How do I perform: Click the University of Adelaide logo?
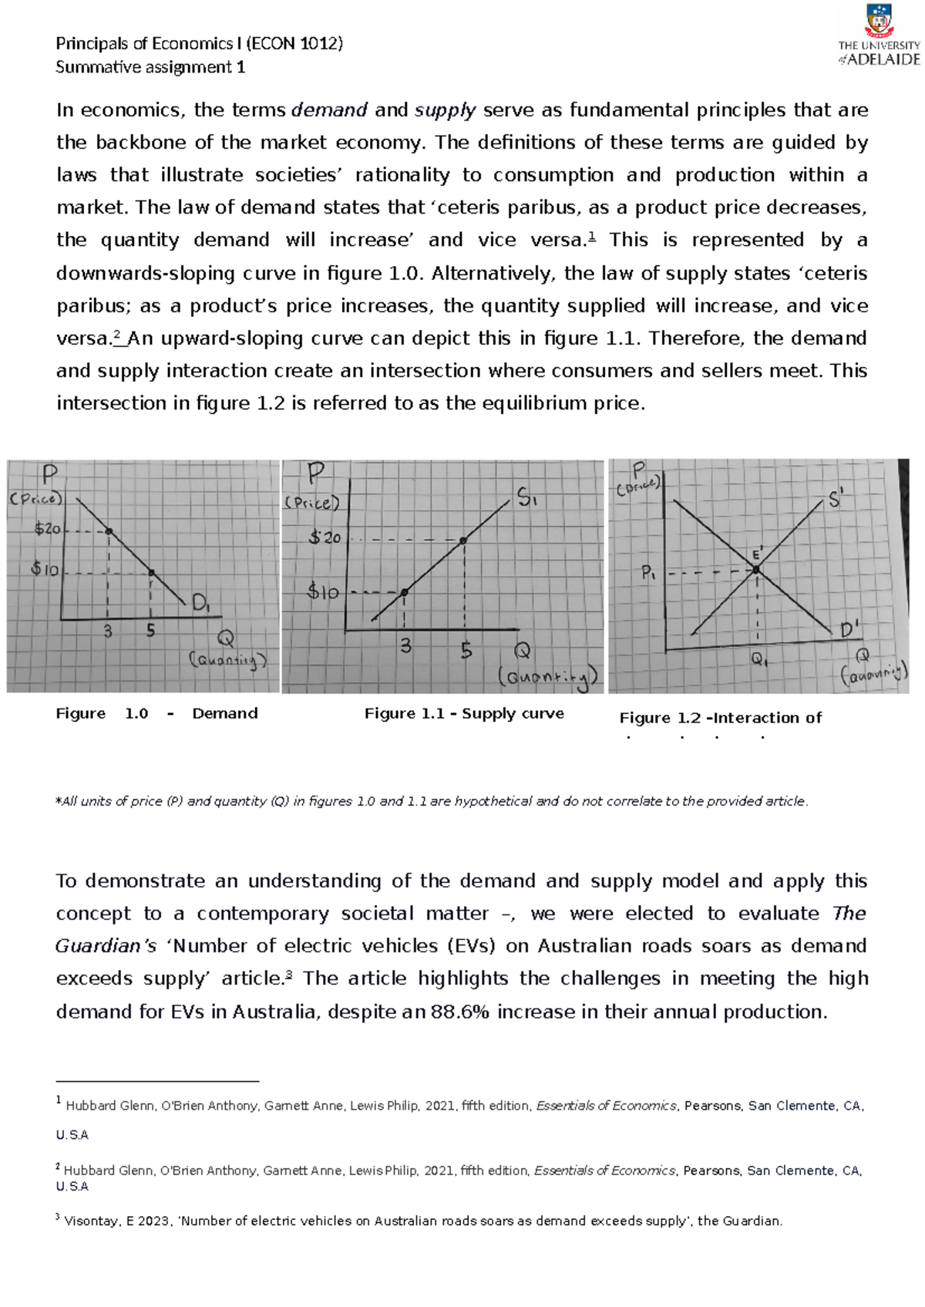click(879, 36)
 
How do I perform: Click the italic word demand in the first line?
click(329, 110)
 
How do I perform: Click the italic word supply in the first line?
click(445, 110)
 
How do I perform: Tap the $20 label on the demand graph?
click(47, 529)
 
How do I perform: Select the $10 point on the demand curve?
click(151, 572)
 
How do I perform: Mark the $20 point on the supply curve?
click(463, 541)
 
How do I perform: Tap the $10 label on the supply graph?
click(322, 592)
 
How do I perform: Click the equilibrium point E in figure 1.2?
click(756, 570)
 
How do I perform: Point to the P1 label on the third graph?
click(647, 573)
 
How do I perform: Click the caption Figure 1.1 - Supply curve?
click(464, 713)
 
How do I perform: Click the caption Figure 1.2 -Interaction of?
click(720, 718)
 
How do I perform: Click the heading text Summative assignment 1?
click(150, 67)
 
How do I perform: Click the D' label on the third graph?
click(849, 630)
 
